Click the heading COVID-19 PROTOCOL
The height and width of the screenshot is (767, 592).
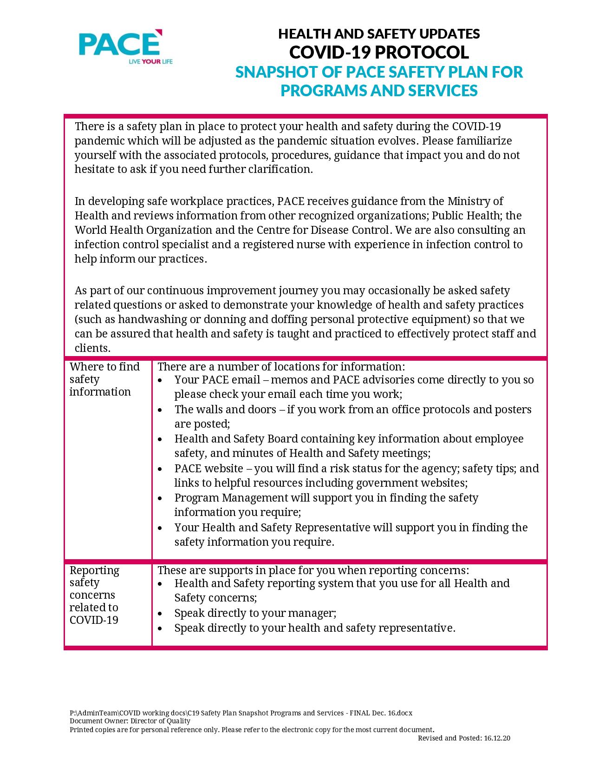point(378,52)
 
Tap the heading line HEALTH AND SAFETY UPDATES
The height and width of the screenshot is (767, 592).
point(378,34)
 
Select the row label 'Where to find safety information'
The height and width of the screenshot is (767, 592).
point(104,379)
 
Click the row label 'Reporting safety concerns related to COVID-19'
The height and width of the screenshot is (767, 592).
point(94,595)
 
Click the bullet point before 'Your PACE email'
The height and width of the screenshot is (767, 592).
point(160,380)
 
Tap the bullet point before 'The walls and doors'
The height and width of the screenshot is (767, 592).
point(160,410)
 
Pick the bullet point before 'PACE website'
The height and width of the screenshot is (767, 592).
point(160,469)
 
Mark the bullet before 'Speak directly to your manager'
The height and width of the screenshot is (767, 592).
point(160,614)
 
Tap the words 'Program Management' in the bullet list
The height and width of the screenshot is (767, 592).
point(231,498)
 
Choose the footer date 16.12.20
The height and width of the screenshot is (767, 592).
point(497,738)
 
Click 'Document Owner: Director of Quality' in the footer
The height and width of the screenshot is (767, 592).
point(130,721)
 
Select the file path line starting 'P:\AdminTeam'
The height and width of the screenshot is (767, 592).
point(241,713)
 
